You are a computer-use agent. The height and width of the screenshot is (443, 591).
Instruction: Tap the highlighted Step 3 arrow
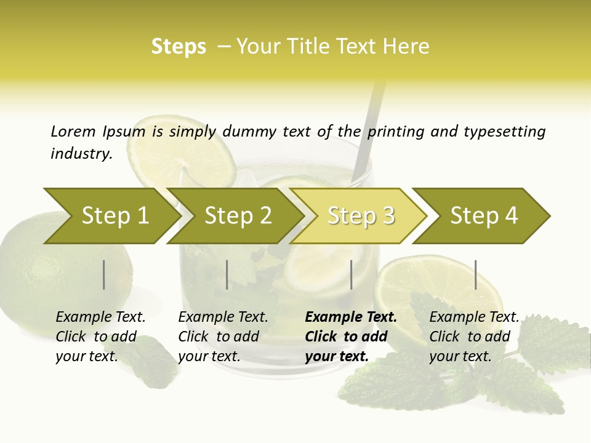[x=361, y=216]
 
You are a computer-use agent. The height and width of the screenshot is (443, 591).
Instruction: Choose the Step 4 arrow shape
[x=484, y=216]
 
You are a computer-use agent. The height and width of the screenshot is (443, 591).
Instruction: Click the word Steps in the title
[x=179, y=46]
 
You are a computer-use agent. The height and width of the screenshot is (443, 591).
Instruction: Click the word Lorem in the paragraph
[x=73, y=131]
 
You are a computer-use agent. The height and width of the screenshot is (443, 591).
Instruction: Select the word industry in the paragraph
[x=81, y=153]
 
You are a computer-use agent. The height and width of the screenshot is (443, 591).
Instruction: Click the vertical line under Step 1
[x=104, y=274]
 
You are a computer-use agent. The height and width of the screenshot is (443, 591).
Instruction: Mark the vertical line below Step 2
[x=227, y=274]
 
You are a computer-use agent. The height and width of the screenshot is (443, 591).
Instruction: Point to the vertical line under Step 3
[x=352, y=274]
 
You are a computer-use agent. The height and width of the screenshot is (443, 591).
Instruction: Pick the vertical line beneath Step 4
[x=476, y=274]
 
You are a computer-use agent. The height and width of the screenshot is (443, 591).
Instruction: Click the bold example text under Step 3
[x=351, y=337]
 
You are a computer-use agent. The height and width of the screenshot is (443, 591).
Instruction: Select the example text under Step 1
[x=100, y=337]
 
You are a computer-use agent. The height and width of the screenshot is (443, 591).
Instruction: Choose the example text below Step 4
[x=473, y=337]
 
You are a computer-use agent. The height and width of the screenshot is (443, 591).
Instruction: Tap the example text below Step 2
[x=223, y=337]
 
